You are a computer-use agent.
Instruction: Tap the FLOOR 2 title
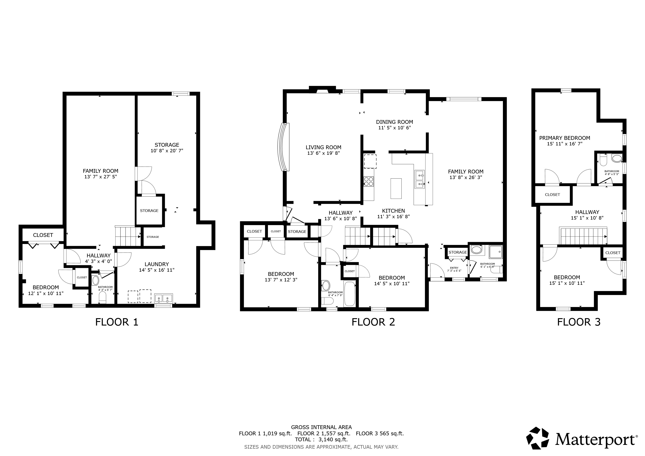(x=373, y=322)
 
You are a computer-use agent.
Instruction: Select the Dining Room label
(x=394, y=122)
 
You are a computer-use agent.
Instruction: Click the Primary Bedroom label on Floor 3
(x=565, y=138)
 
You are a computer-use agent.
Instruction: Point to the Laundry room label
(x=157, y=264)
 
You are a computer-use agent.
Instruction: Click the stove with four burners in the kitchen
(x=369, y=181)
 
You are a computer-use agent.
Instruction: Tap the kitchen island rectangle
(x=396, y=188)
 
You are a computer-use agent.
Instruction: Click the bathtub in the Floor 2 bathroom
(x=350, y=294)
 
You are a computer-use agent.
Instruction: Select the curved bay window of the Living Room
(x=283, y=147)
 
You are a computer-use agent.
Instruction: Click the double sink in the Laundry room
(x=163, y=298)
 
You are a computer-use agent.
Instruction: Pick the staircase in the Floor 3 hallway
(x=584, y=236)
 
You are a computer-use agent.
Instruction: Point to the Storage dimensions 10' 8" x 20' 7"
(x=167, y=151)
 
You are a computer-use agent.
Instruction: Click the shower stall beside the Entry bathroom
(x=496, y=252)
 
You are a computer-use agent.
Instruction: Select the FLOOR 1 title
(x=117, y=322)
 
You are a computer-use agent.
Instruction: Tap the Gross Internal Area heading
(x=321, y=427)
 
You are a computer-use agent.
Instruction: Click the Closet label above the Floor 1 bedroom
(x=43, y=235)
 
